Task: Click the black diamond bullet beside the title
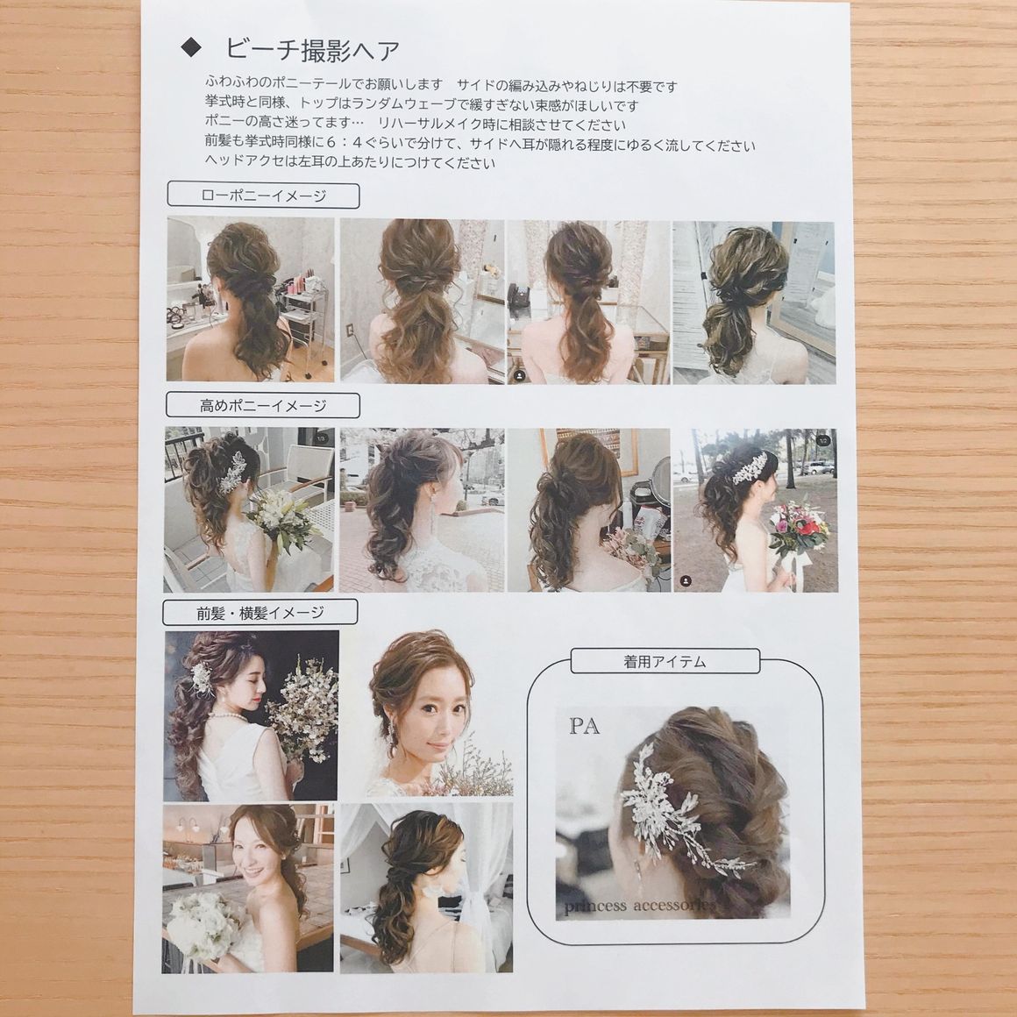click(x=191, y=48)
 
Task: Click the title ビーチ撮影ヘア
click(x=313, y=49)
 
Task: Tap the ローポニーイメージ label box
click(x=263, y=196)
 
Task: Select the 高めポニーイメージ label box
click(x=263, y=405)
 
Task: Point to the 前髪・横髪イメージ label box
click(x=260, y=612)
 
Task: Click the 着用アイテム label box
click(x=665, y=661)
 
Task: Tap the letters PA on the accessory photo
click(x=585, y=727)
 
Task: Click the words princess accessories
click(x=639, y=906)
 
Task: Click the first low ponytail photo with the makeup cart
click(x=251, y=298)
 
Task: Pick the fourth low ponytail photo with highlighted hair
click(x=754, y=302)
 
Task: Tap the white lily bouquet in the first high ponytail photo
click(x=281, y=520)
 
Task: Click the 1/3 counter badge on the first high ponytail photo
click(x=321, y=438)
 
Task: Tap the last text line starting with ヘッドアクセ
click(x=350, y=162)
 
